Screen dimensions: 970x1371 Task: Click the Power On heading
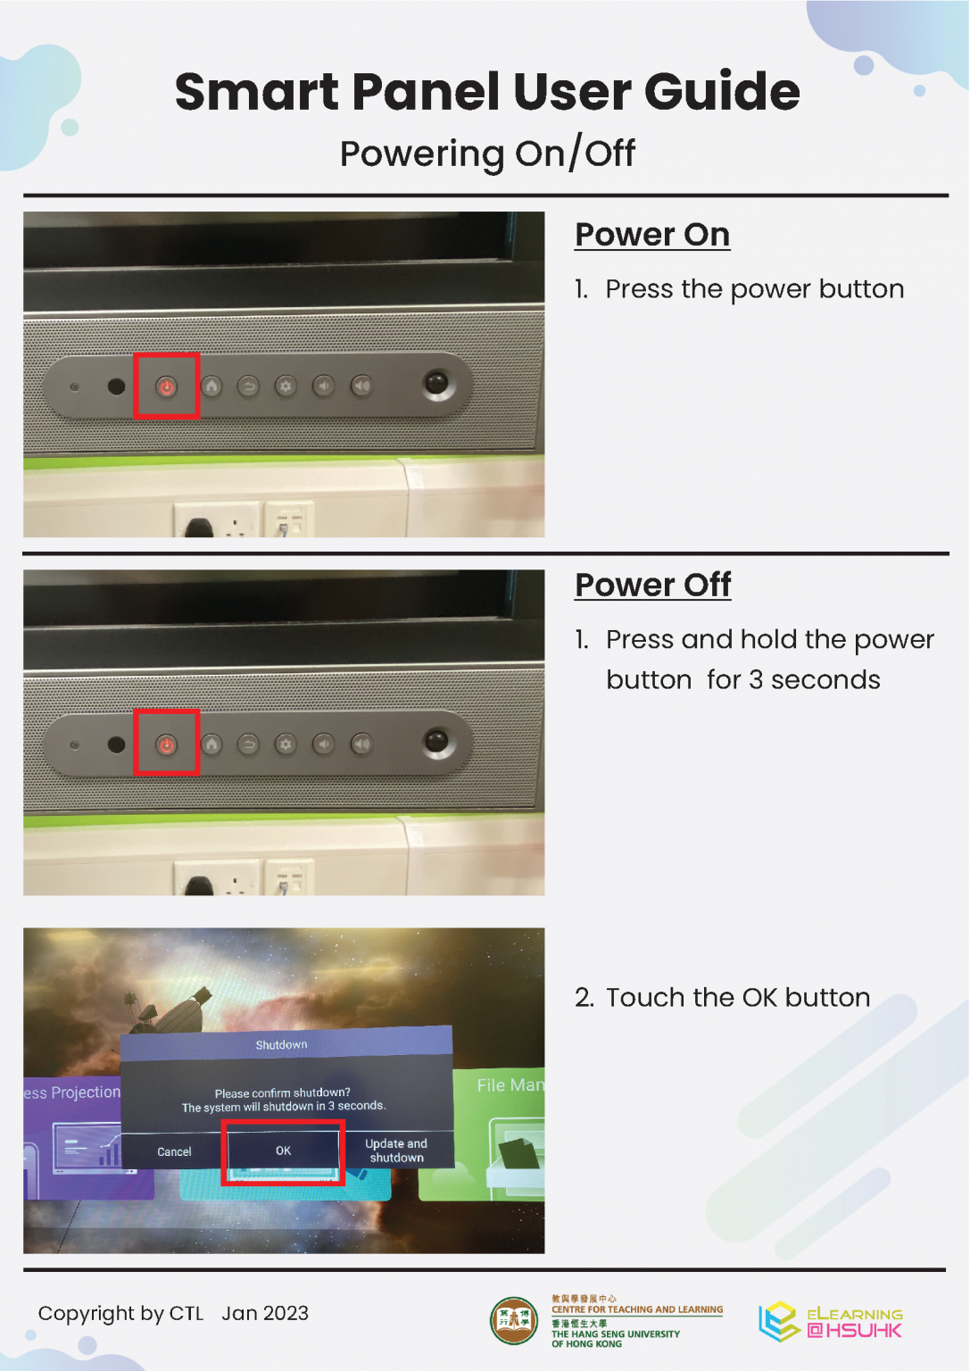pos(652,235)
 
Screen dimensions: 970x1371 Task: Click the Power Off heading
pos(653,585)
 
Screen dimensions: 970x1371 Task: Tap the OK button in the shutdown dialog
pos(283,1151)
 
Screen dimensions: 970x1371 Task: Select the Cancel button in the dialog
pos(174,1152)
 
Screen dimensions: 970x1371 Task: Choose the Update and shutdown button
pos(396,1150)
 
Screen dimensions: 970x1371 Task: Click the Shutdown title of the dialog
pos(281,1045)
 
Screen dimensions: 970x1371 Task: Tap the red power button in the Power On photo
pos(167,386)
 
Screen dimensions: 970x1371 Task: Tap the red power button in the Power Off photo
pos(167,745)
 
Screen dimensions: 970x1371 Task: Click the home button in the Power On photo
pos(211,386)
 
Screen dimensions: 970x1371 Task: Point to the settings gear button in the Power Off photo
pos(286,744)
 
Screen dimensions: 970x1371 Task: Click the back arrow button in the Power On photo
pos(248,386)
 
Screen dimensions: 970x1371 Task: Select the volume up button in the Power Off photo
pos(361,744)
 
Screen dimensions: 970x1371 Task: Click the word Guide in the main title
pos(722,92)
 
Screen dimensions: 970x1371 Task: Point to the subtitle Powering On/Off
pos(487,154)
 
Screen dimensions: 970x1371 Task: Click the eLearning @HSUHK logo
pos(831,1321)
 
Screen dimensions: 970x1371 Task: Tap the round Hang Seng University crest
pos(514,1321)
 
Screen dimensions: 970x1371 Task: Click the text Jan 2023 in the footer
pos(265,1314)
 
